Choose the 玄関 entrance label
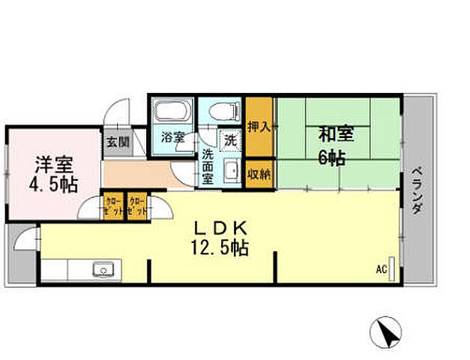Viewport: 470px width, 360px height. pos(116,141)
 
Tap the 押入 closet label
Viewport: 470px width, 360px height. pos(259,126)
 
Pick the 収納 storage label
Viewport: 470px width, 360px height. pos(259,172)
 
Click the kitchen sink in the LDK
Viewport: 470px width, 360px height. pos(102,270)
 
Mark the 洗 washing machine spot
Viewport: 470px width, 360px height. pos(231,139)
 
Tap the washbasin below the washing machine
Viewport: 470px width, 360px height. pos(232,170)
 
